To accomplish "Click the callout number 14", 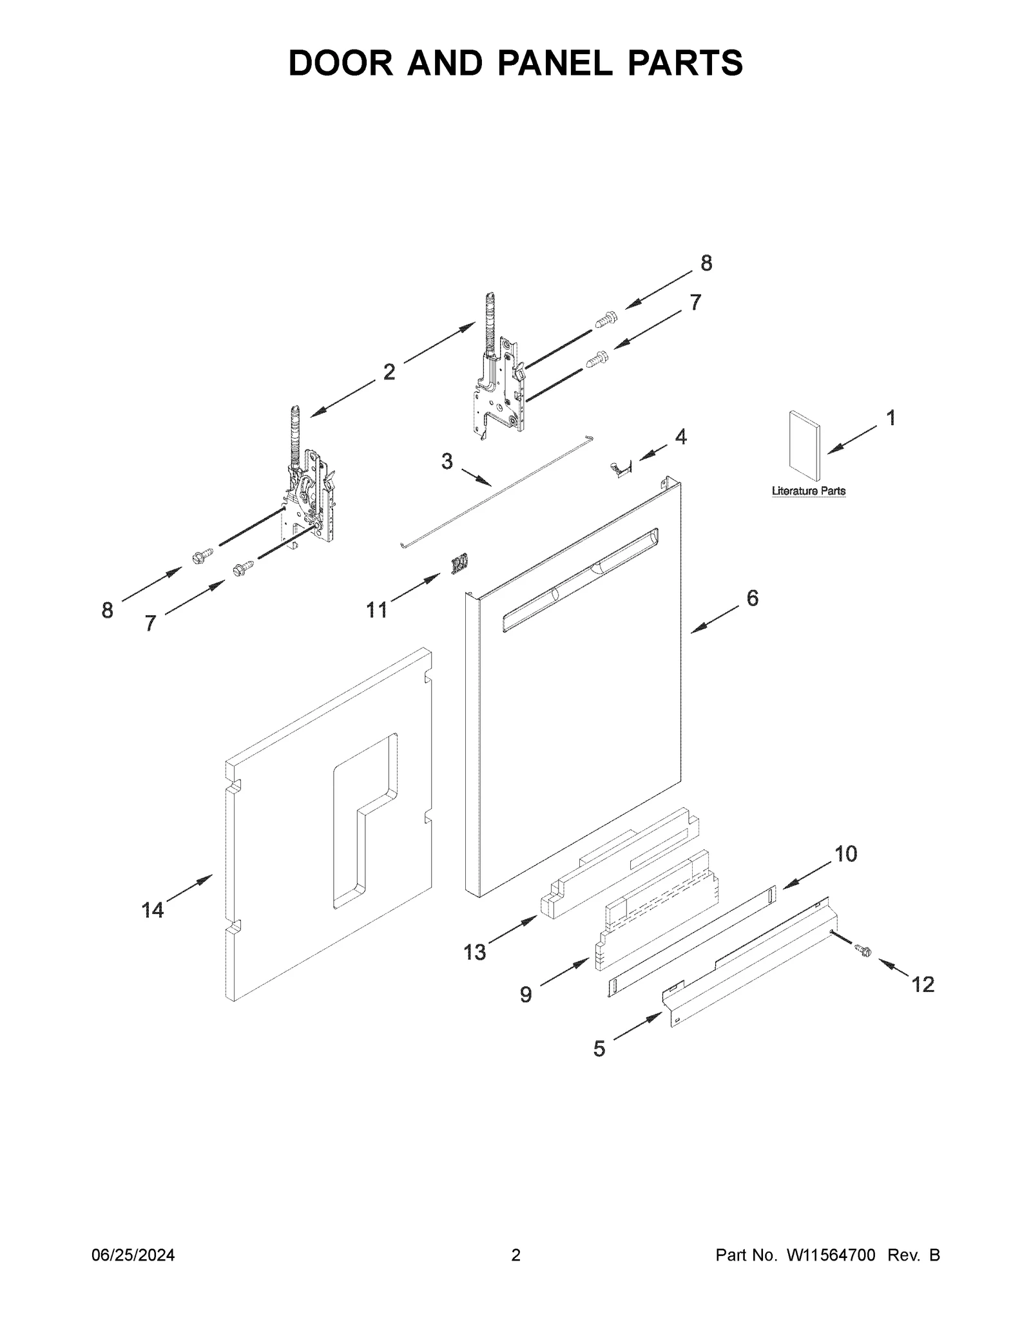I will [153, 910].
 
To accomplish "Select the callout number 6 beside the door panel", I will [752, 598].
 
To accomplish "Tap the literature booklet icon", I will [804, 446].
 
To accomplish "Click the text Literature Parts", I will [808, 491].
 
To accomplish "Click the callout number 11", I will [376, 609].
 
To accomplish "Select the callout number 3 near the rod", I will [447, 461].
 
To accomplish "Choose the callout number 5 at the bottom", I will [599, 1049].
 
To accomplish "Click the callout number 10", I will [845, 854].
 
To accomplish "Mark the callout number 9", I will [526, 995].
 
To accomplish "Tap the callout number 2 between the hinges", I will [389, 372].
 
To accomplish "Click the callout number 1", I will [891, 419].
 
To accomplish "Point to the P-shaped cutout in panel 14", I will [364, 818].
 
